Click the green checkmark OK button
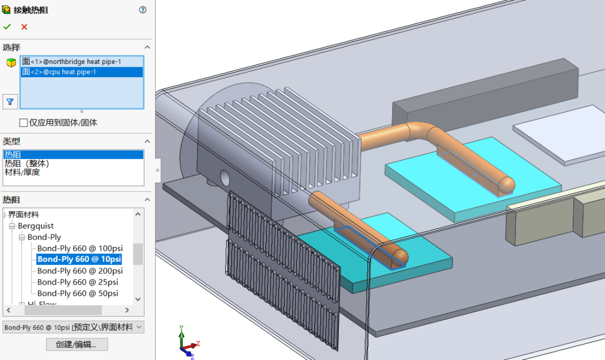tap(7, 26)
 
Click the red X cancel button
tap(24, 26)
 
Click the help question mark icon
tap(143, 10)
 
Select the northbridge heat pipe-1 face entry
tap(72, 62)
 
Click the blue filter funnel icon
tap(10, 101)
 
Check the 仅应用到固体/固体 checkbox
tap(24, 122)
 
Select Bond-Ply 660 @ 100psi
tap(80, 248)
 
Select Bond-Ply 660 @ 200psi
tap(80, 270)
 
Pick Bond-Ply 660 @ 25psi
tap(77, 282)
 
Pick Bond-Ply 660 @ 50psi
tap(77, 293)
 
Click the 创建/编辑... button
tap(77, 344)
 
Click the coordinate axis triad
tap(187, 343)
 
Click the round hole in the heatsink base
tap(225, 178)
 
